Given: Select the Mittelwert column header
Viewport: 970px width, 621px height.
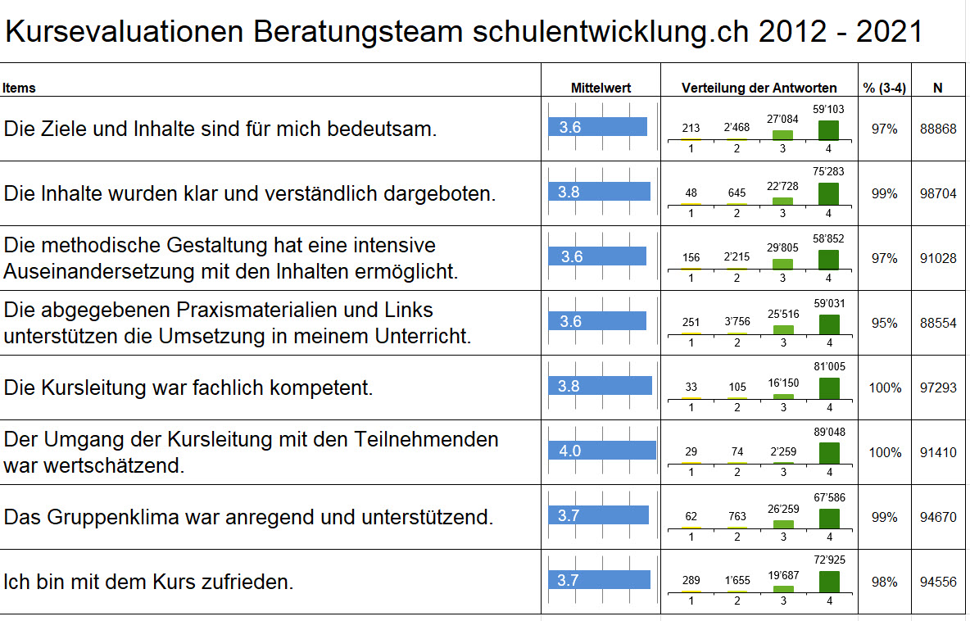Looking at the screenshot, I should [601, 88].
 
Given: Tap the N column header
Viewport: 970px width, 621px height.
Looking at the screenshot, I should [938, 88].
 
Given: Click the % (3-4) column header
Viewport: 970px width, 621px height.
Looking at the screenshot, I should [884, 88].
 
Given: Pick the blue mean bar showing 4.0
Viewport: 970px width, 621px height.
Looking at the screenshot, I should [602, 451].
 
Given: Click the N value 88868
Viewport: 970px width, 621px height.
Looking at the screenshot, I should [938, 129].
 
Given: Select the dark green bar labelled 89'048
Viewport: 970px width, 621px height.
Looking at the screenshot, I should [829, 454].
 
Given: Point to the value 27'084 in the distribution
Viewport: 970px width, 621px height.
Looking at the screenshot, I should [783, 120].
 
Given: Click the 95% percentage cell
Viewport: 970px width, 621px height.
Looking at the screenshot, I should [884, 323].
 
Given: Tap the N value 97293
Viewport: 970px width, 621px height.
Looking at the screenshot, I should [938, 388].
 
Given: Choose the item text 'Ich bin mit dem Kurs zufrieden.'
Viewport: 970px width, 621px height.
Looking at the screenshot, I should [149, 582].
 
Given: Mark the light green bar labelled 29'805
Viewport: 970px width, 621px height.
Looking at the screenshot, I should [783, 264].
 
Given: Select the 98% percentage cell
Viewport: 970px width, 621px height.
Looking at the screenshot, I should [884, 582].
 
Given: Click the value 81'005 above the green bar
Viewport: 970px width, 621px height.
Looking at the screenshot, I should [829, 368].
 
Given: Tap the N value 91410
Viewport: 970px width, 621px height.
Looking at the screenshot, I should [938, 452].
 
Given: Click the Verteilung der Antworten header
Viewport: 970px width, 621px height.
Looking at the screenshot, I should [759, 88].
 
